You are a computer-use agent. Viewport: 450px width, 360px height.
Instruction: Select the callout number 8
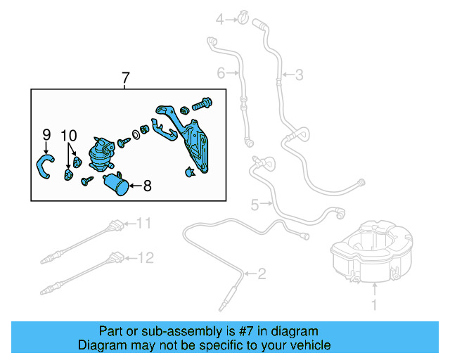(x=147, y=186)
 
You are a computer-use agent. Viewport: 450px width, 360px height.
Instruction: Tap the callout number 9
(x=46, y=134)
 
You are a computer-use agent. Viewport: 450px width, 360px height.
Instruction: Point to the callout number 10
(x=69, y=134)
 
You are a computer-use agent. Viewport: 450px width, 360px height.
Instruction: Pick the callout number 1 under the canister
(x=374, y=304)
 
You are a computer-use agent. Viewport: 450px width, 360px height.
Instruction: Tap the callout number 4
(x=219, y=19)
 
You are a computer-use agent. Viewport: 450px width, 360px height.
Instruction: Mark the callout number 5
(x=255, y=205)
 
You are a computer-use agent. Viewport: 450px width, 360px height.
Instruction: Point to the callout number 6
(x=220, y=72)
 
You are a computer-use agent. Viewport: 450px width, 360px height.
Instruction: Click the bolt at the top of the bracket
(x=202, y=105)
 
